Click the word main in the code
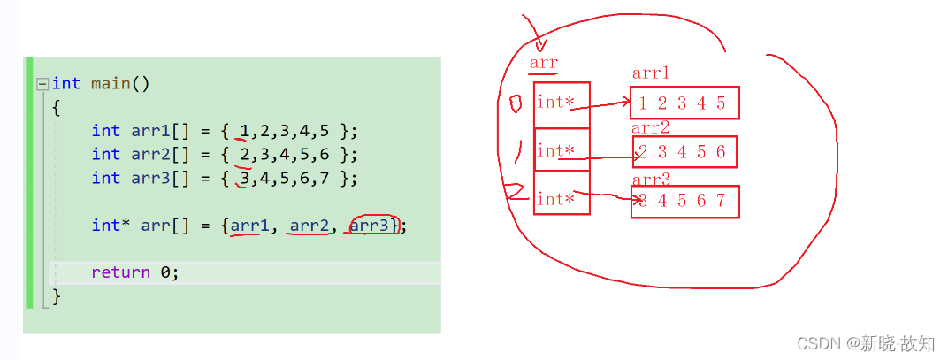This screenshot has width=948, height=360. pyautogui.click(x=111, y=84)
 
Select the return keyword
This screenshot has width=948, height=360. pyautogui.click(x=120, y=272)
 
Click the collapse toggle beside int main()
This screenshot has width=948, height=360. pyautogui.click(x=42, y=84)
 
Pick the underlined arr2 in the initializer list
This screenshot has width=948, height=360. pyautogui.click(x=310, y=226)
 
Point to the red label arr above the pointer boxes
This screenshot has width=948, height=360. pyautogui.click(x=543, y=63)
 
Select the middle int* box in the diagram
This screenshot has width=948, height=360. pyautogui.click(x=562, y=151)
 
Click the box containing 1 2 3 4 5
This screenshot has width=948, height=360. pyautogui.click(x=684, y=103)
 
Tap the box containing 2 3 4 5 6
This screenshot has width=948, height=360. pyautogui.click(x=684, y=152)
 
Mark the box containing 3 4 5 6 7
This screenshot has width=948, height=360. pyautogui.click(x=684, y=201)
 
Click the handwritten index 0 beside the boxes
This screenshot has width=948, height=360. pyautogui.click(x=516, y=106)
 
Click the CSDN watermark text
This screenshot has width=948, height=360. pyautogui.click(x=865, y=342)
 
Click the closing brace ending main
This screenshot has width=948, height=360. pyautogui.click(x=57, y=296)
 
